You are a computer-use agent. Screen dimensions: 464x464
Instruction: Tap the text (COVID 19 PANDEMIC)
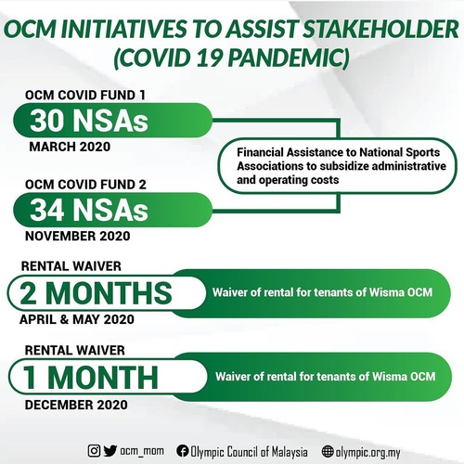[x=231, y=58]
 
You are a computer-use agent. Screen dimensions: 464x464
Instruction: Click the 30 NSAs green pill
[x=89, y=121]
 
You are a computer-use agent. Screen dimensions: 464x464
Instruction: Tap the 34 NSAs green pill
[x=89, y=209]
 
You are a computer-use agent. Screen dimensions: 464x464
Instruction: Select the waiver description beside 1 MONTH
[x=325, y=377]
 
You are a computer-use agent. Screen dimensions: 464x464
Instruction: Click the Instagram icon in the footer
[x=94, y=450]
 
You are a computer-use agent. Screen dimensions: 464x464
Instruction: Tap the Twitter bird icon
[x=110, y=450]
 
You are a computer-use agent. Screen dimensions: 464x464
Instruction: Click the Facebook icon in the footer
[x=183, y=450]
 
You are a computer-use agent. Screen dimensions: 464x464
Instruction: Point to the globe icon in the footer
[x=327, y=450]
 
